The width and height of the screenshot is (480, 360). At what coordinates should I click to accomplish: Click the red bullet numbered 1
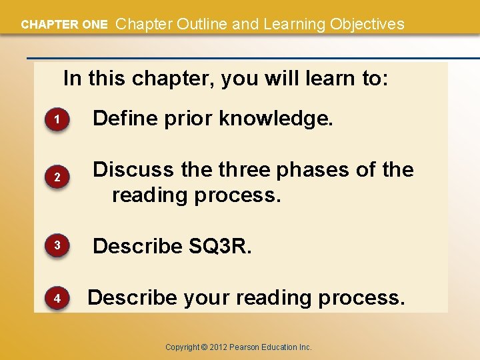57,120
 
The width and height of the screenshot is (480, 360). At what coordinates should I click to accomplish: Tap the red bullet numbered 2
57,178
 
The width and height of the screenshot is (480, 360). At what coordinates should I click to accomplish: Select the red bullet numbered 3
57,246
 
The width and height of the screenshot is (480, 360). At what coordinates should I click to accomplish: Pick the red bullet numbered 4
57,299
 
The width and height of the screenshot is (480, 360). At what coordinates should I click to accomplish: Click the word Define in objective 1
123,119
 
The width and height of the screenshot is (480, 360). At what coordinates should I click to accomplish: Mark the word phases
313,170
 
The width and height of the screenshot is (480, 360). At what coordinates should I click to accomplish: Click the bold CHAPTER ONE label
64,25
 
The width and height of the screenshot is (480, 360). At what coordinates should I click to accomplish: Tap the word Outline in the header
201,25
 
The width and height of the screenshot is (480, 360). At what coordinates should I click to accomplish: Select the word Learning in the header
291,25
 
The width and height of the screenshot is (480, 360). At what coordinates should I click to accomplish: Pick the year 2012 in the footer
221,347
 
